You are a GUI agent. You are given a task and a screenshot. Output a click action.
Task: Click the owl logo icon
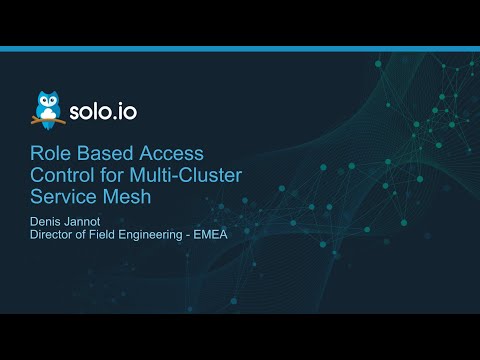point(46,108)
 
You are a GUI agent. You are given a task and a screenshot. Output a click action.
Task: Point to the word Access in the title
point(171,153)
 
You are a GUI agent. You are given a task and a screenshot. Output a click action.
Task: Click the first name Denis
point(45,221)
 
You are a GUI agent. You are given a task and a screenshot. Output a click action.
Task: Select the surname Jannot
point(87,221)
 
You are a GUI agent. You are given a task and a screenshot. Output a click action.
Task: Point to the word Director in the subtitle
point(50,236)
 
